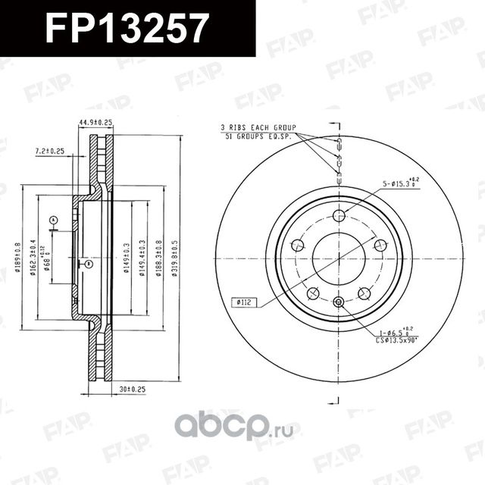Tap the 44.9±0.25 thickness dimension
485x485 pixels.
[95, 122]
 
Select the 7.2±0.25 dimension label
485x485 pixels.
[50, 152]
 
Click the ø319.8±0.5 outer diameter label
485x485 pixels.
[175, 259]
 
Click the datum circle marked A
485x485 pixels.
[53, 221]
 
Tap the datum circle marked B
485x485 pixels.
[89, 264]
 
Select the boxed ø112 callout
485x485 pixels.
[244, 302]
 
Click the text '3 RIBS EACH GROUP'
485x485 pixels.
[258, 127]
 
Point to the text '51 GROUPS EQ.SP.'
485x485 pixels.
[260, 136]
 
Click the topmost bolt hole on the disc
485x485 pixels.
[339, 215]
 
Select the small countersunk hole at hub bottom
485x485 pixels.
[339, 303]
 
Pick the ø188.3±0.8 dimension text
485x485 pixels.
[158, 259]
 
